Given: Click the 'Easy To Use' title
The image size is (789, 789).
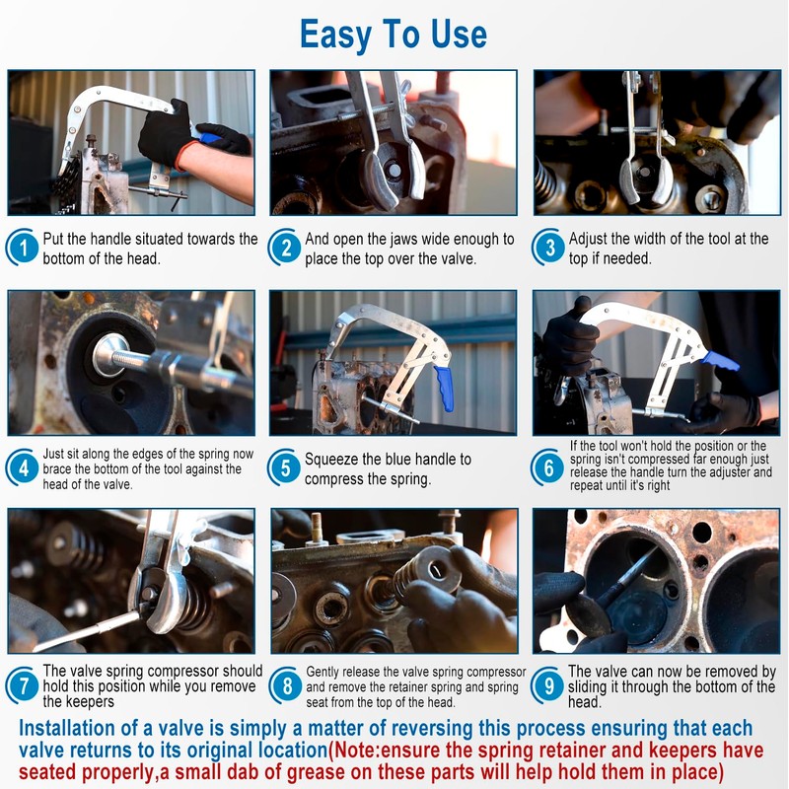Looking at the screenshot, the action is click(393, 36).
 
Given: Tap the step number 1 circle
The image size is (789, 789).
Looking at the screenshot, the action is click(23, 248).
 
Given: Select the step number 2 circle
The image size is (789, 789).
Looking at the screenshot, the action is click(286, 248).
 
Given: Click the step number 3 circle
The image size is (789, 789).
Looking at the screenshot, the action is click(549, 248).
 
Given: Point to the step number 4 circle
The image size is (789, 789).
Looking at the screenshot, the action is click(23, 467).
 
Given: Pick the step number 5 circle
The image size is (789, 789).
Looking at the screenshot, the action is click(285, 467).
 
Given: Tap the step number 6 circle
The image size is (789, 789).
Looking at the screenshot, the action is click(548, 467).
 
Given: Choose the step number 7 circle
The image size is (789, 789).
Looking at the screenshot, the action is click(23, 685).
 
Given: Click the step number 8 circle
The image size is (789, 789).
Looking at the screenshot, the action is click(286, 685).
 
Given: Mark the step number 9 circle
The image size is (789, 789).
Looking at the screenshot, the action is click(548, 685).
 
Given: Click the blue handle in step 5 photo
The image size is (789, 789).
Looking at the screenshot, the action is click(445, 389).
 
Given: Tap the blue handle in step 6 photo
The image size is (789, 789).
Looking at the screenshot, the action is click(720, 361).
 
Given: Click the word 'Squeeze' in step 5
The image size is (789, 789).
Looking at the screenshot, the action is click(331, 460).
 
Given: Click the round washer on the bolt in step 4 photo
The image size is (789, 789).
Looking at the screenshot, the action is click(108, 355).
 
